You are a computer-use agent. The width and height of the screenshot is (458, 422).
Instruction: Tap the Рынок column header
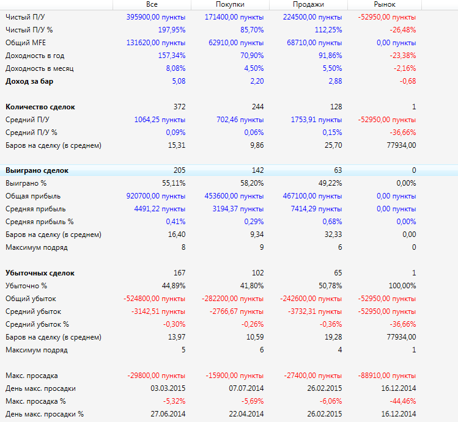[x=385, y=4]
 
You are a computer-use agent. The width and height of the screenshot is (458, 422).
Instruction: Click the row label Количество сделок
[x=40, y=107]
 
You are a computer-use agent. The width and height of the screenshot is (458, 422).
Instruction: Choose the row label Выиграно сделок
[x=37, y=170]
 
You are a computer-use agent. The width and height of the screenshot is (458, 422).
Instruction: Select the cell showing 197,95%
[x=171, y=30]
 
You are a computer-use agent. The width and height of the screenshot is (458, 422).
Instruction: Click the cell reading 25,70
[x=332, y=145]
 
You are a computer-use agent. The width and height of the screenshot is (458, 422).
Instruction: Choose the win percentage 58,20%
[x=250, y=183]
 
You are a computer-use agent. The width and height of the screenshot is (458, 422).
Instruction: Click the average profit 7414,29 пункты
[x=312, y=209]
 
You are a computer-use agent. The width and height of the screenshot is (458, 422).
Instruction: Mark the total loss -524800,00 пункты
[x=155, y=299]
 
